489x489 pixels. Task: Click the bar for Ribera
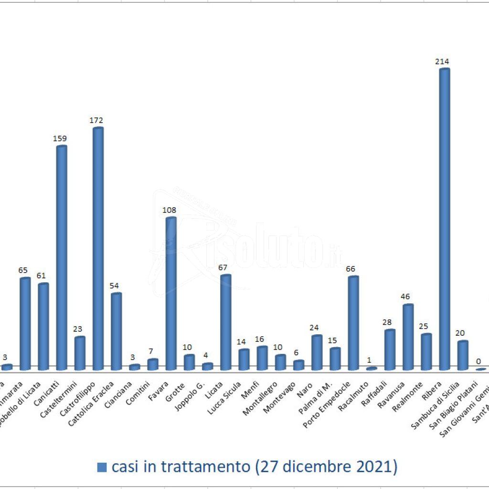click(x=444, y=220)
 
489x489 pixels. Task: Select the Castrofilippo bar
click(x=97, y=249)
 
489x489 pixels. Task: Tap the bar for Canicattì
click(x=62, y=258)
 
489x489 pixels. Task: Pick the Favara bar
click(x=170, y=294)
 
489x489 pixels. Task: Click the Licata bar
click(x=225, y=322)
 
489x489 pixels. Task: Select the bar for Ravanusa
click(x=408, y=337)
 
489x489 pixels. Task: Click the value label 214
click(x=442, y=61)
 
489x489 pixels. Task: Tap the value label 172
click(x=96, y=120)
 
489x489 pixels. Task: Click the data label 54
click(x=115, y=286)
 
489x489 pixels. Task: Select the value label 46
click(x=406, y=297)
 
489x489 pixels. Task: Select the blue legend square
click(x=102, y=467)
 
